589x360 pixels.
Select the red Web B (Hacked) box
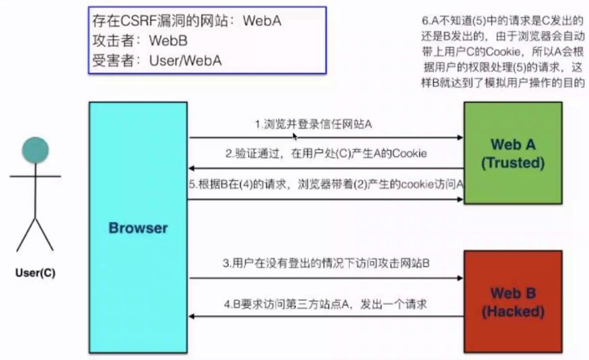point(512,301)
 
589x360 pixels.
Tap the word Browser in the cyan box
point(138,227)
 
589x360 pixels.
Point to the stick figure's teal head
point(35,149)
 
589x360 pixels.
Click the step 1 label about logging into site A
point(314,125)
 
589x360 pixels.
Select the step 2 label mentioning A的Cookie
point(326,154)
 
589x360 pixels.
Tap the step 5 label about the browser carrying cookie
point(326,184)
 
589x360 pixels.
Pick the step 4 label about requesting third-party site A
point(326,304)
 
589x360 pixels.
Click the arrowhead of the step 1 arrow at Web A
point(460,137)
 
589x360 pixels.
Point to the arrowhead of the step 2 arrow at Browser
point(192,168)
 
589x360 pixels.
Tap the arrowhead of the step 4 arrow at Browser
point(192,317)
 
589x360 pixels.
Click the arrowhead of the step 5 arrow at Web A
point(460,199)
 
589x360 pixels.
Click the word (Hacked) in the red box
point(512,312)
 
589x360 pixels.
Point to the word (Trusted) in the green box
point(512,163)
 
